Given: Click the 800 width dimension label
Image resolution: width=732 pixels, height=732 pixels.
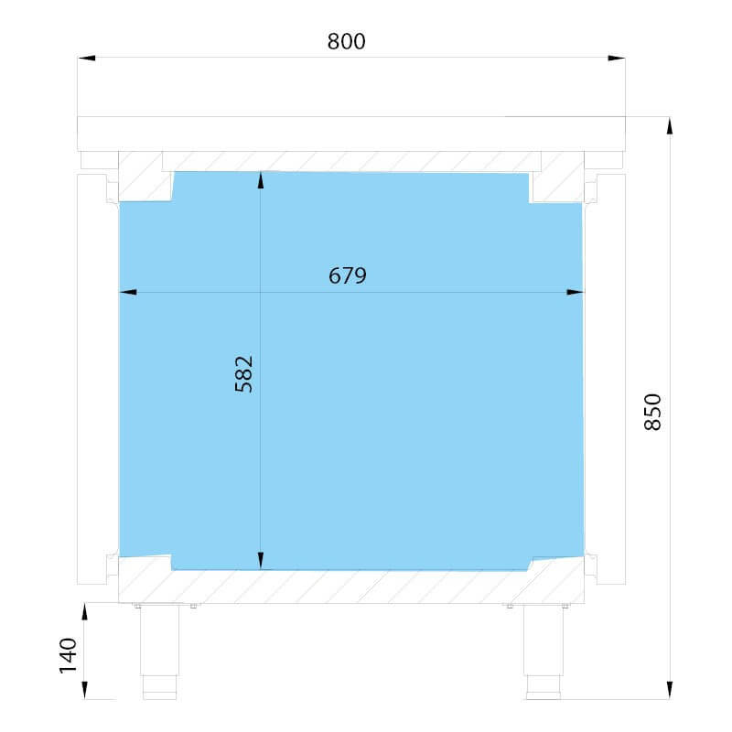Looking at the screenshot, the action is coord(346,41).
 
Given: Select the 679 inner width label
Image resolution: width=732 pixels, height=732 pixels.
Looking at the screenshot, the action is coord(348,276).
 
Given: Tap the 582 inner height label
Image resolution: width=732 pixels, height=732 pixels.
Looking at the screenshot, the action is coord(243,374).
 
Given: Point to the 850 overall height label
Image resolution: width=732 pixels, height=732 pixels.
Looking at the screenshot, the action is coord(652,412).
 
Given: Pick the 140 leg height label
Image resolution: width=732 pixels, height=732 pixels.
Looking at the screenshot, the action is coord(68,655).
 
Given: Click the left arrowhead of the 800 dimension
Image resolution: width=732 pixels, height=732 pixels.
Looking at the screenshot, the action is coord(86,58).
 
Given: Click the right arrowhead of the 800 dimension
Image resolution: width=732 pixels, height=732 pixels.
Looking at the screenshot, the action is coord(616,58).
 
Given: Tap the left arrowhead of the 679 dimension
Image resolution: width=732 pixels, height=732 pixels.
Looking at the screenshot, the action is coord(128,292).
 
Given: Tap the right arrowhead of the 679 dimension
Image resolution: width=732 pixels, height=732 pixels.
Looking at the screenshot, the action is coord(576,292).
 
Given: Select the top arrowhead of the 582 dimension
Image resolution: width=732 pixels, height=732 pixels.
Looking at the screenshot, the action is coord(261,180).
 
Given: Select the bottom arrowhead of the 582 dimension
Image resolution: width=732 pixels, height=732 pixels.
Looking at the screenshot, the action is coord(261,561).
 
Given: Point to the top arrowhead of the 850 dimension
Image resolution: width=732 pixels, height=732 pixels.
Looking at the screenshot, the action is coord(670,126).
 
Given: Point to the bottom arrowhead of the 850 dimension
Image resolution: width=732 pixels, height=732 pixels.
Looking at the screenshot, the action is coord(670,690).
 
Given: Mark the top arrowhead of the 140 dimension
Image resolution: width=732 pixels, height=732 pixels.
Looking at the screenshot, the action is coord(84,611).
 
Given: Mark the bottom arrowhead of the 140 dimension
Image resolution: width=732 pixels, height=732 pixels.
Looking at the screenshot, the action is coord(84,690).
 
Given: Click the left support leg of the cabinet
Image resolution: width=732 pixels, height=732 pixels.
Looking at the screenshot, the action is coord(159,651).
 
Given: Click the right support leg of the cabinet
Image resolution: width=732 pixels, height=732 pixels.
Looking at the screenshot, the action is coord(544,651).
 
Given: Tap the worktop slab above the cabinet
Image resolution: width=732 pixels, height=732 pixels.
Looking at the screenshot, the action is coord(351,134).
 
